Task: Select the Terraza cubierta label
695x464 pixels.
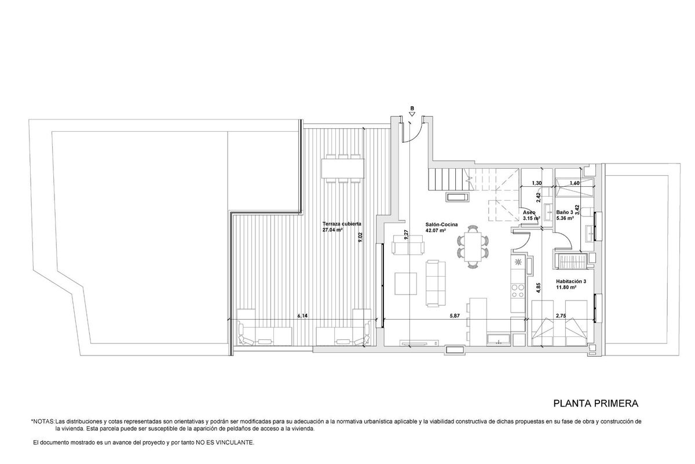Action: coord(342,223)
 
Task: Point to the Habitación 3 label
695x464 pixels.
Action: coord(571,281)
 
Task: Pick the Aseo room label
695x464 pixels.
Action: coord(529,213)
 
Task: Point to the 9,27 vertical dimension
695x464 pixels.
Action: coord(407,234)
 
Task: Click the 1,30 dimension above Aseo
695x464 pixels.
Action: coord(537,184)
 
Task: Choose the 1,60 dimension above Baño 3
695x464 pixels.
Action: coord(575,184)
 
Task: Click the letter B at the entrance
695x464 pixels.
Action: coord(412,108)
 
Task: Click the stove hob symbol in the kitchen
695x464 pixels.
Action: coord(518,262)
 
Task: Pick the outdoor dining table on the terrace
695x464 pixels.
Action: coord(342,168)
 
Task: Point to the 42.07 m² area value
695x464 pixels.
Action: coord(435,230)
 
